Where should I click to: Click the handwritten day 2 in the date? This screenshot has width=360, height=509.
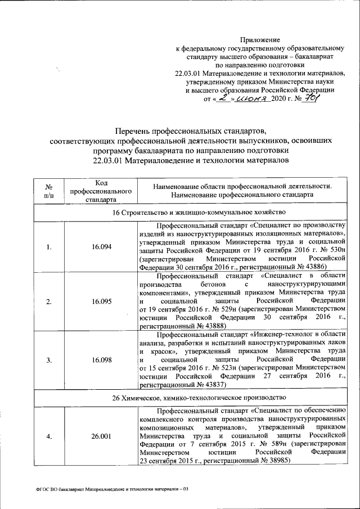point(223,97)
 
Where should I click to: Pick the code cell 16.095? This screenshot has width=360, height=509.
point(101,301)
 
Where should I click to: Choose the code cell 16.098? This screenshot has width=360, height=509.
point(101,359)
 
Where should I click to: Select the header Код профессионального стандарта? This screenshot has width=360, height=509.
point(101,190)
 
